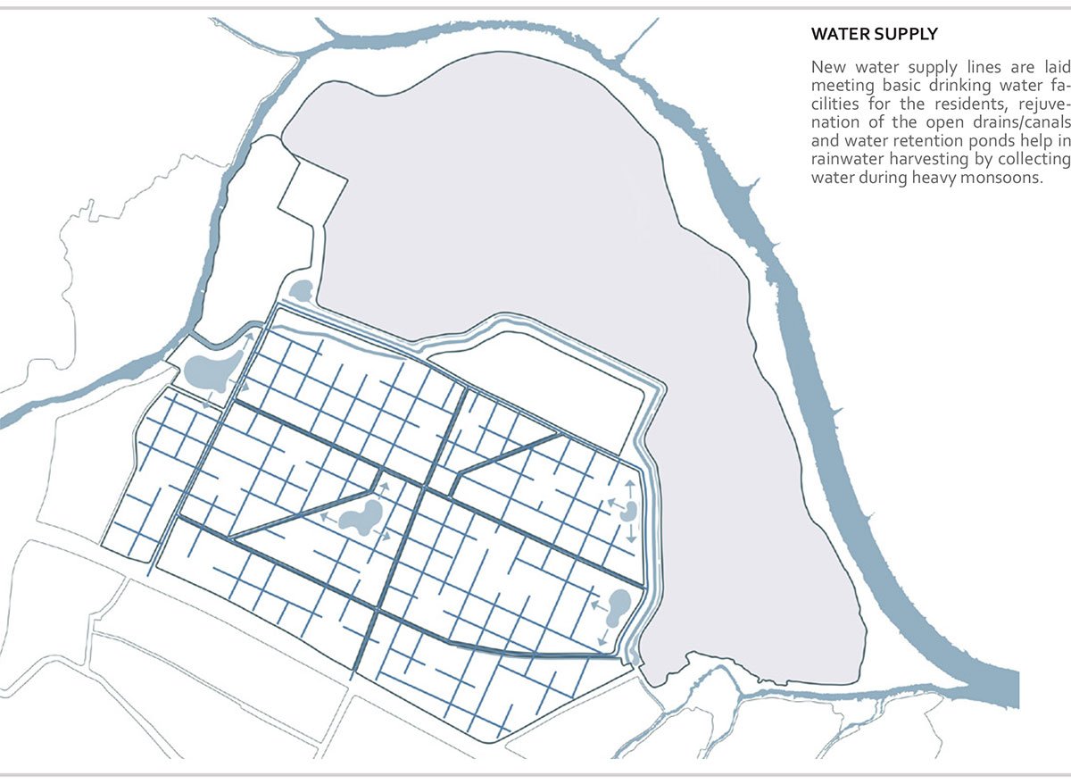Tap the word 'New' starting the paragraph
click(827, 67)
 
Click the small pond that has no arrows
click(301, 290)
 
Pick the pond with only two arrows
click(615, 608)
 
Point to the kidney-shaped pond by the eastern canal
click(630, 511)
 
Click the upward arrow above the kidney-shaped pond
click(630, 487)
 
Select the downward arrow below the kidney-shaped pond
click(631, 536)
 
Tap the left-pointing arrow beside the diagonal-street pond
click(326, 516)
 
